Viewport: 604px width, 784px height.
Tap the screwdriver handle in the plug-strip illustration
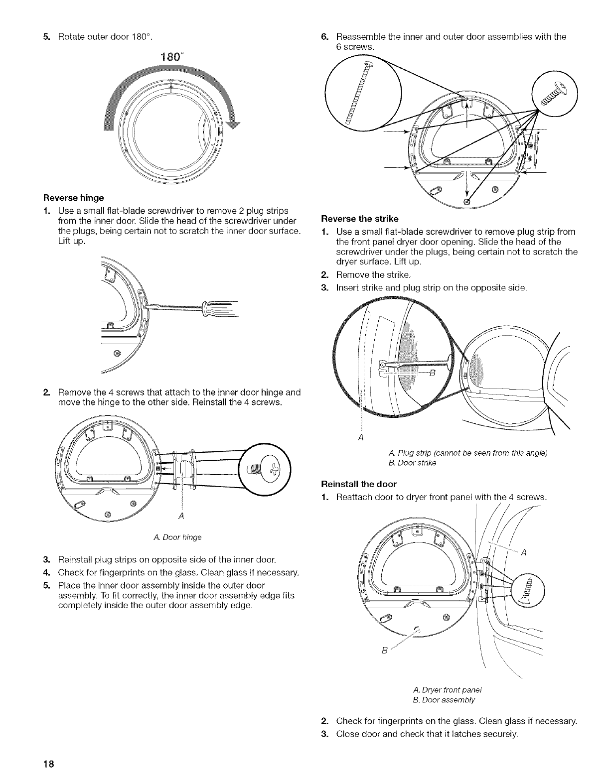pos(219,309)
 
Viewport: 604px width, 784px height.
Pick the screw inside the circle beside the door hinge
pos(264,469)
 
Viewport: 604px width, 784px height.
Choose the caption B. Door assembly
pos(444,700)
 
